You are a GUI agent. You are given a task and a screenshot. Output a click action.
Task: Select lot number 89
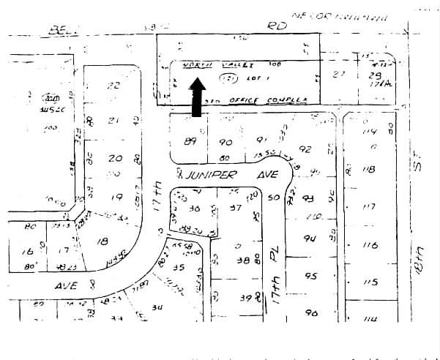click(x=191, y=142)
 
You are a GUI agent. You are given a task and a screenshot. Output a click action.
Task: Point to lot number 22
click(x=113, y=86)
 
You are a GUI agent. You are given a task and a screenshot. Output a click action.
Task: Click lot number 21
click(x=113, y=121)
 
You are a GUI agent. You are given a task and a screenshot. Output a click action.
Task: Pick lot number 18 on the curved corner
click(x=102, y=241)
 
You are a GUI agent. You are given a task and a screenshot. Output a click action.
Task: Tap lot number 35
click(x=178, y=267)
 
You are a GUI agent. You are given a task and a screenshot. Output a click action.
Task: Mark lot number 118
click(x=369, y=169)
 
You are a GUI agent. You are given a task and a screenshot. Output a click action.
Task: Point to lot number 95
click(x=312, y=277)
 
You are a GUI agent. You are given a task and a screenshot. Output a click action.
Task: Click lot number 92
click(x=305, y=149)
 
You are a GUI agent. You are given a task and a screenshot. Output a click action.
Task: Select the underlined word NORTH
click(x=197, y=64)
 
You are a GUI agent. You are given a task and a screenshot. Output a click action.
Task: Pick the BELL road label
click(x=62, y=31)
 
